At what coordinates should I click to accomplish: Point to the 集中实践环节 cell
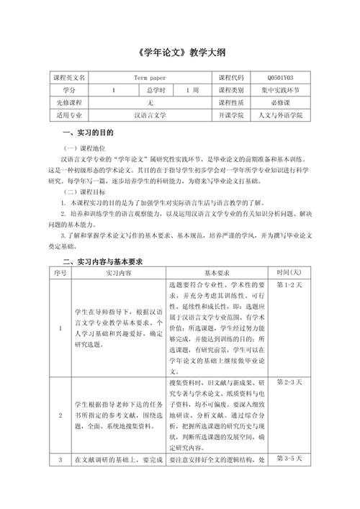[x=279, y=90]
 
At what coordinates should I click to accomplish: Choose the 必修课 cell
[x=279, y=102]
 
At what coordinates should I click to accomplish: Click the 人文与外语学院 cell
[x=279, y=114]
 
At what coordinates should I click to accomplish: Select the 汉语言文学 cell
[x=150, y=114]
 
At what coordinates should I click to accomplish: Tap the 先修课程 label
[x=68, y=102]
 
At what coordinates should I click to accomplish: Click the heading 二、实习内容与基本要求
[x=104, y=261]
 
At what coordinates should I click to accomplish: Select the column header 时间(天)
[x=289, y=273]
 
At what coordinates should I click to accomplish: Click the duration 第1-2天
[x=289, y=285]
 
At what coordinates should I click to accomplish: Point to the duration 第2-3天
[x=289, y=381]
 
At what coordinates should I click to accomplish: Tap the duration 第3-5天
[x=289, y=459]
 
